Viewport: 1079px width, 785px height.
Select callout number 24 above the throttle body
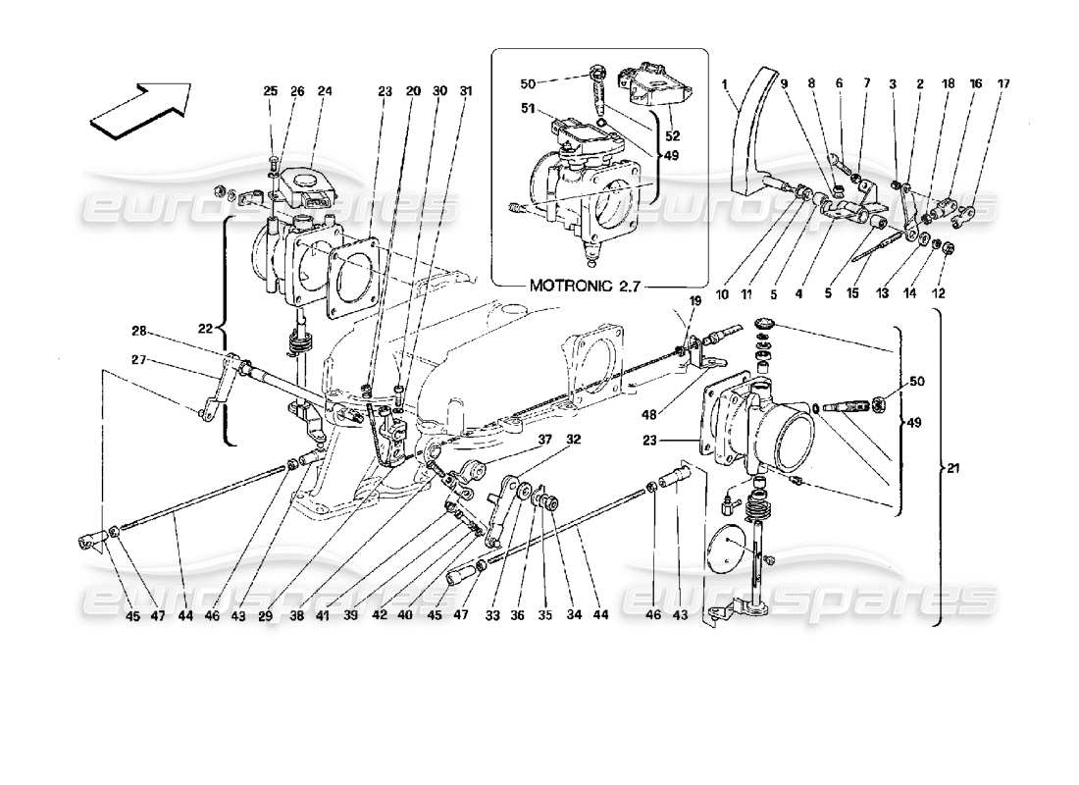[325, 92]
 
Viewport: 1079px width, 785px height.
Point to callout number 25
[272, 92]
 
